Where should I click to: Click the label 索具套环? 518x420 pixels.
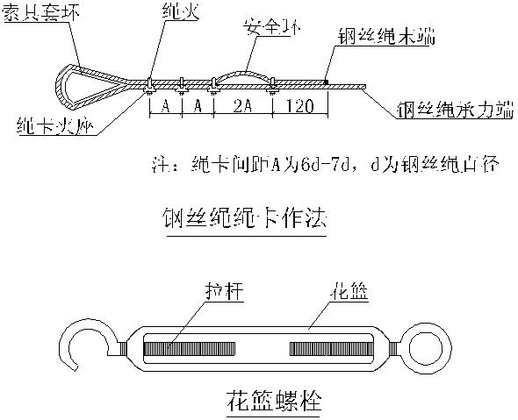point(39,15)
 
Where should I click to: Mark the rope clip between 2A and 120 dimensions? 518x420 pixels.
point(273,86)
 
